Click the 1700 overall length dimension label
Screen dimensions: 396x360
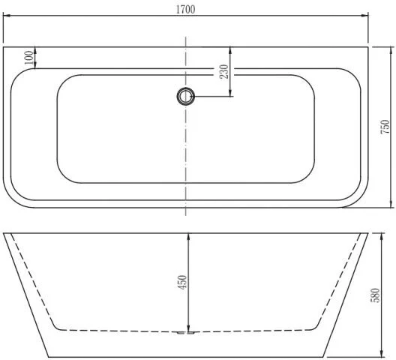pos(186,10)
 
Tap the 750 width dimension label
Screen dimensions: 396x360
pos(385,127)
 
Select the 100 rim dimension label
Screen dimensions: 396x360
pos(28,58)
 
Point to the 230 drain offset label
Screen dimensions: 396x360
pos(223,72)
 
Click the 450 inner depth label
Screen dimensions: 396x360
pos(182,282)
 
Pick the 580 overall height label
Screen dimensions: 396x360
pos(375,295)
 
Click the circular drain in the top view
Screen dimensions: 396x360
pos(186,96)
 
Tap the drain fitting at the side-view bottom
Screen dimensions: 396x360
pos(186,333)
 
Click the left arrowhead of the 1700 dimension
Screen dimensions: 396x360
pos(6,16)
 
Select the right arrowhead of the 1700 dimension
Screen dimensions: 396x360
pos(365,16)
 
